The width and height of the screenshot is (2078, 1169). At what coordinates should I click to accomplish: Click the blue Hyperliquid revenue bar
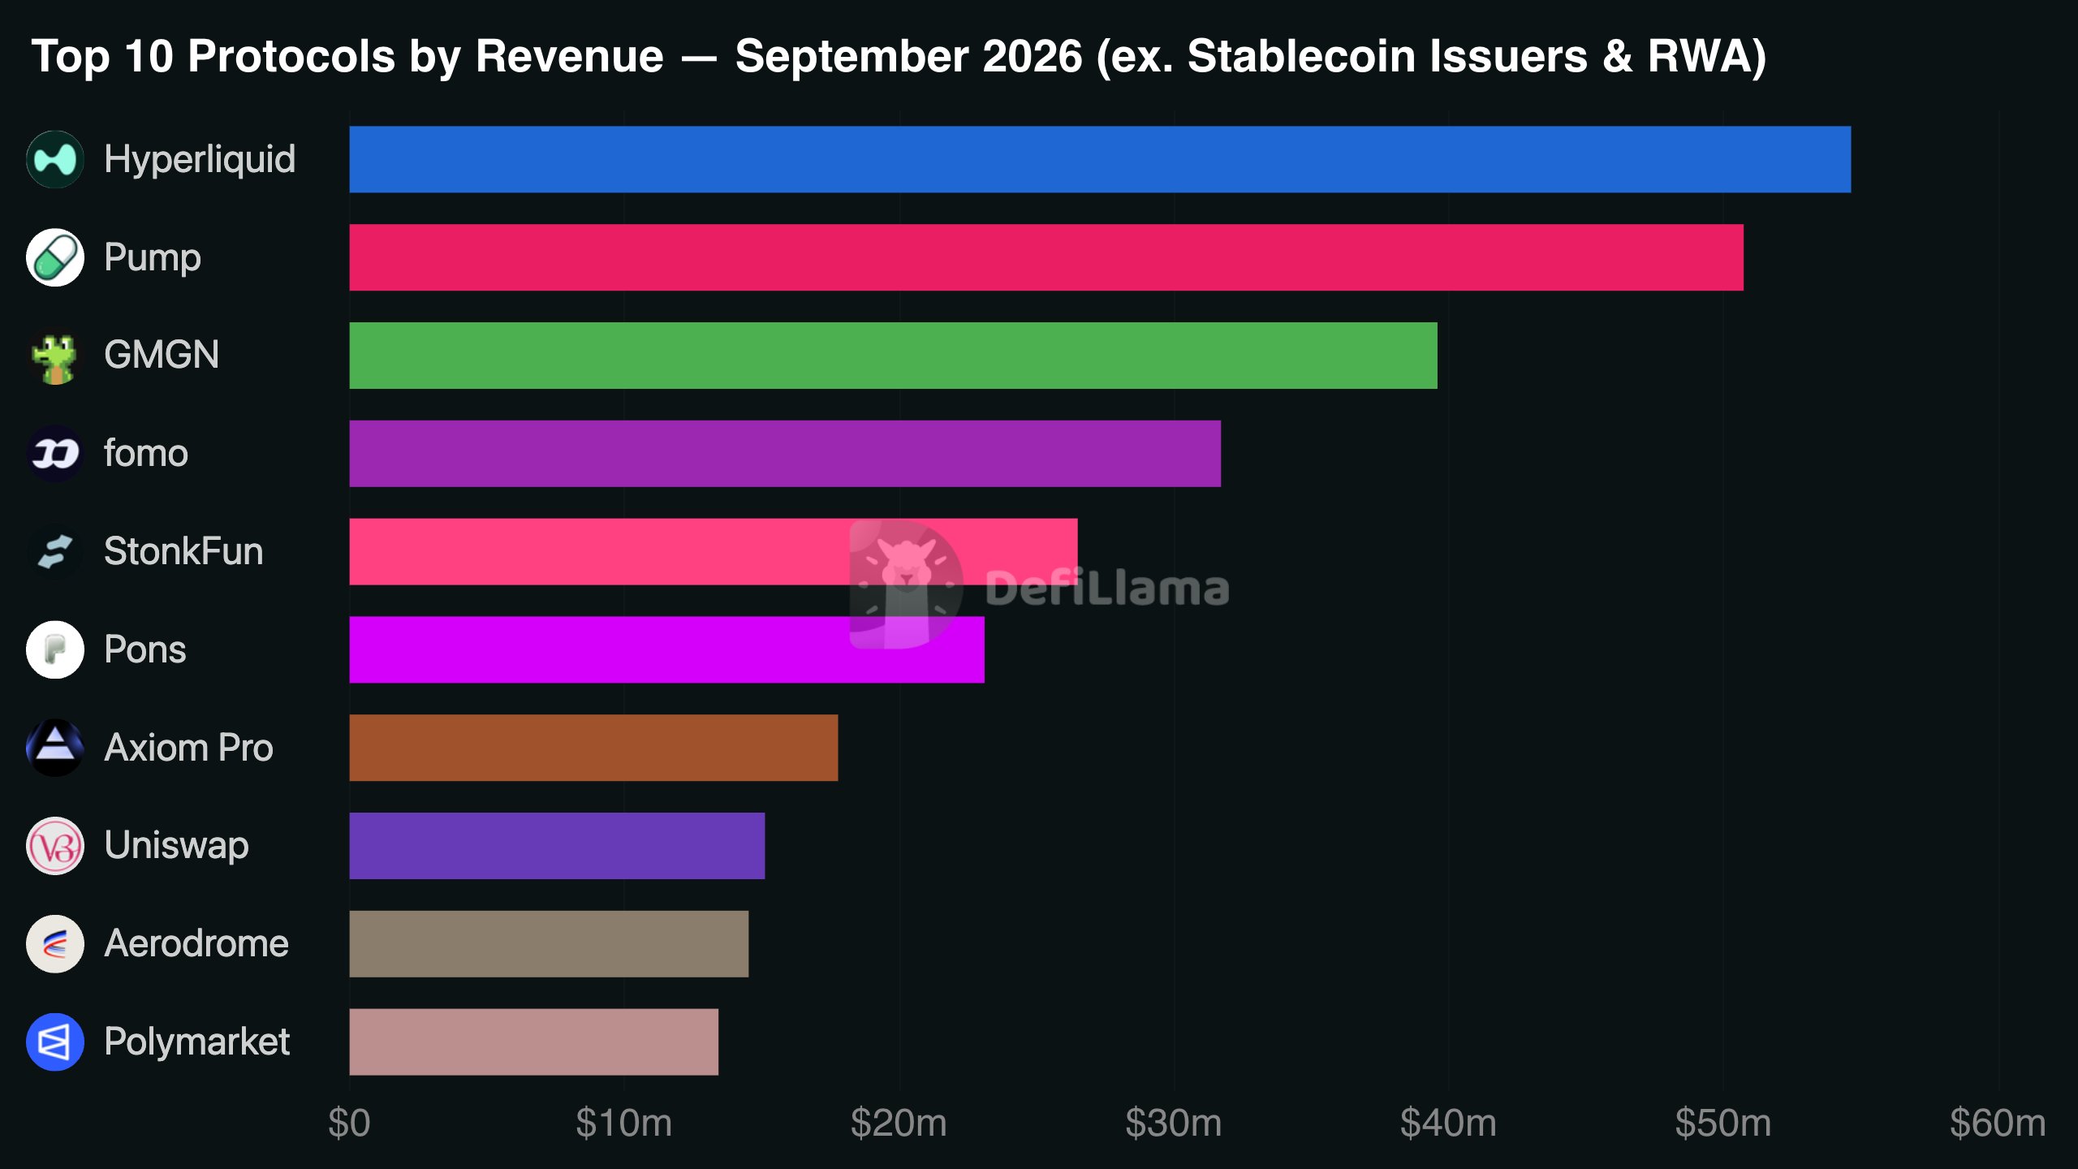tap(1100, 159)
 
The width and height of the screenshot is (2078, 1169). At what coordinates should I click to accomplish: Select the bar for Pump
tap(1046, 257)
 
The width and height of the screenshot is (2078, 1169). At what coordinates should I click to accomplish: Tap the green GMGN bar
tap(893, 356)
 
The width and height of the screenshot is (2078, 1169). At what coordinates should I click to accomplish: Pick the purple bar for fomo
tap(785, 454)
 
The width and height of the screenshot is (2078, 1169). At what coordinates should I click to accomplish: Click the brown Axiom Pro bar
tap(593, 748)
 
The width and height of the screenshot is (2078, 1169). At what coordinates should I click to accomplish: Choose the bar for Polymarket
tap(534, 1042)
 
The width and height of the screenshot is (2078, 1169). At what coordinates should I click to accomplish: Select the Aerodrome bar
tap(549, 944)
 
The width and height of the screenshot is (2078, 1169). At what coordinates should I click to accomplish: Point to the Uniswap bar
tap(557, 846)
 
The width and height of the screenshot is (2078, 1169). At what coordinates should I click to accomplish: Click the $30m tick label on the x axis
tap(1174, 1124)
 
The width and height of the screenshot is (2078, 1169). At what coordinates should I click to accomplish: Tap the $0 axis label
tap(349, 1124)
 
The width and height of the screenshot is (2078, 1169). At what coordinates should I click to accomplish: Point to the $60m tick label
tap(1998, 1124)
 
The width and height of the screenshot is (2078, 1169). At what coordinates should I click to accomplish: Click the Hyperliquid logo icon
tap(55, 159)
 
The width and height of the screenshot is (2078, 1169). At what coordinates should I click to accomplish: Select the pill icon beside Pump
tap(55, 257)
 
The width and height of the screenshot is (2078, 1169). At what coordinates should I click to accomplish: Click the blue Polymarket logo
tap(55, 1042)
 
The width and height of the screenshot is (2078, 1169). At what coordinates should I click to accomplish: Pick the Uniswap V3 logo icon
tap(55, 846)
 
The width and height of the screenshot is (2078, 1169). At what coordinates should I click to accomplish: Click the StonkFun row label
tap(183, 552)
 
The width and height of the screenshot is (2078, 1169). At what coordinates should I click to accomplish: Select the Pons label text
tap(145, 650)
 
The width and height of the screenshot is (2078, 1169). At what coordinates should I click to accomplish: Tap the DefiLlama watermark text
tap(1107, 588)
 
